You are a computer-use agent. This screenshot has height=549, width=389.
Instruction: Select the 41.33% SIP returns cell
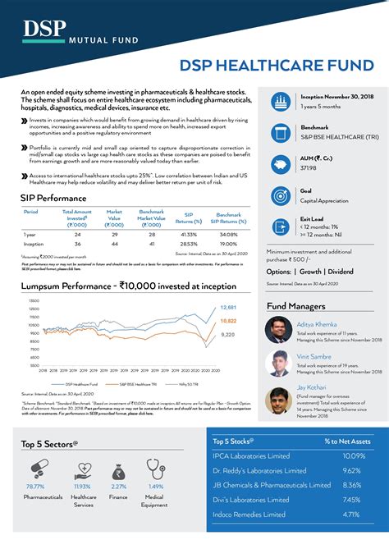[188, 234]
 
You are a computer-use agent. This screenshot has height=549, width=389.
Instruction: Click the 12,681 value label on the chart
[228, 307]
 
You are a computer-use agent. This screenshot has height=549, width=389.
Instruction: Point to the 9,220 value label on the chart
[228, 334]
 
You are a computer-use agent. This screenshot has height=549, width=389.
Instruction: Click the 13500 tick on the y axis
[34, 300]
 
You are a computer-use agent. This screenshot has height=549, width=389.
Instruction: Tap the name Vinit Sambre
[315, 357]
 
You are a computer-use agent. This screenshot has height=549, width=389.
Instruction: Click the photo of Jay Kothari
[279, 400]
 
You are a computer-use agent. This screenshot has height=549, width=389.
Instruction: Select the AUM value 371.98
[309, 167]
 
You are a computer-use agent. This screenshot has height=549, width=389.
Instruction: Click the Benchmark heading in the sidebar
[315, 127]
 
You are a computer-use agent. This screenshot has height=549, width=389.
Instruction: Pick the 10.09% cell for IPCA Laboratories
[353, 455]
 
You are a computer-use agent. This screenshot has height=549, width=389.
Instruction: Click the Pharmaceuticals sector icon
[37, 469]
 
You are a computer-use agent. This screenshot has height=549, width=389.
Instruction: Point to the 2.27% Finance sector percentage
[118, 487]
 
